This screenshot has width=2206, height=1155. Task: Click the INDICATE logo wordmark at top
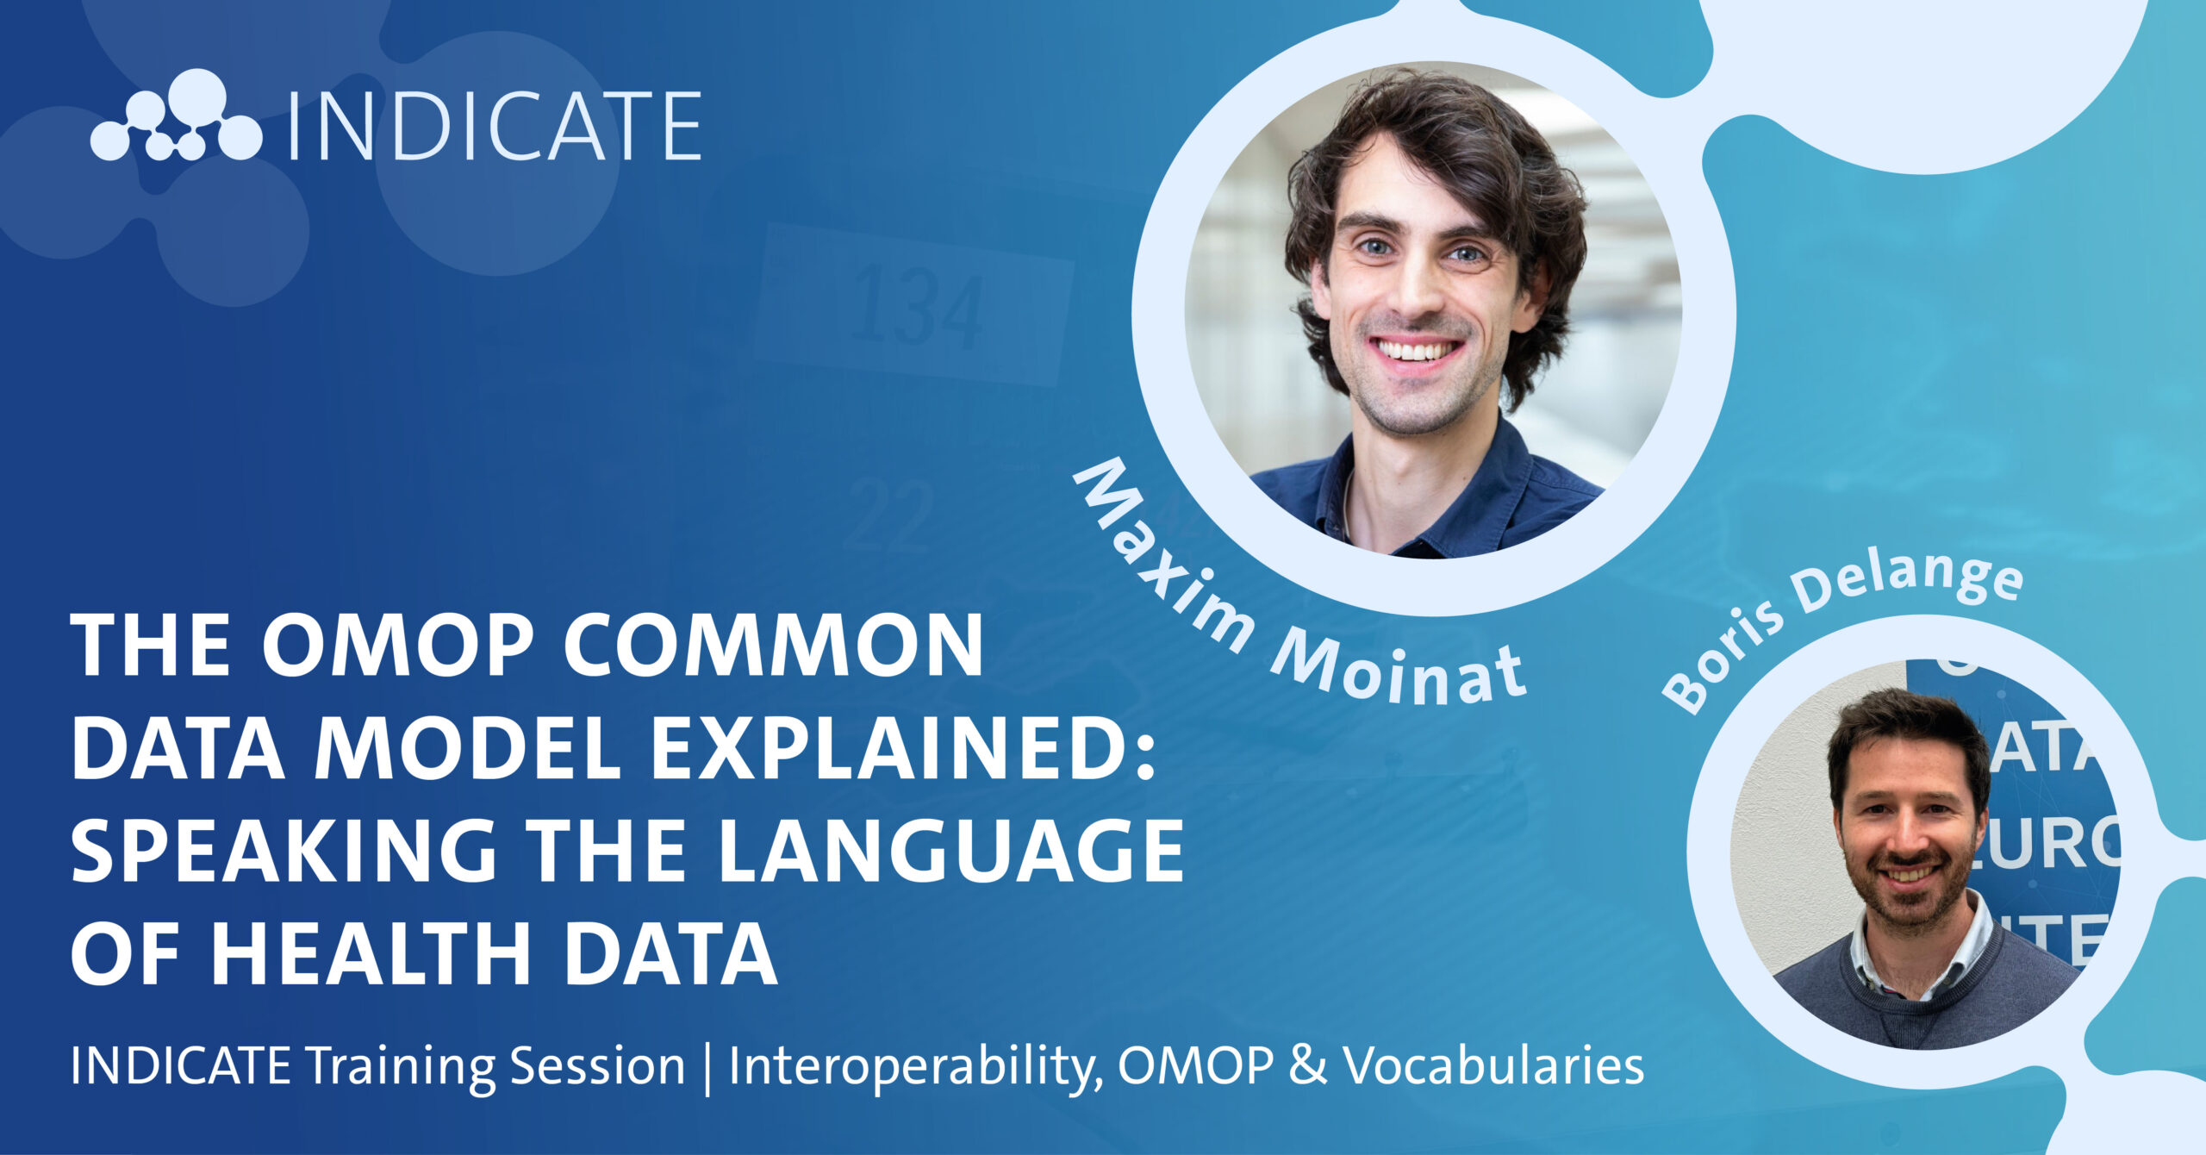(x=494, y=126)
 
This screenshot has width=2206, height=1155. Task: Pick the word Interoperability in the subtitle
(x=916, y=1068)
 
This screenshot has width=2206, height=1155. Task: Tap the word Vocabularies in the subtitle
(x=1495, y=1066)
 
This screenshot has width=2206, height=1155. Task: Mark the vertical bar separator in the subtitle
(x=707, y=1069)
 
